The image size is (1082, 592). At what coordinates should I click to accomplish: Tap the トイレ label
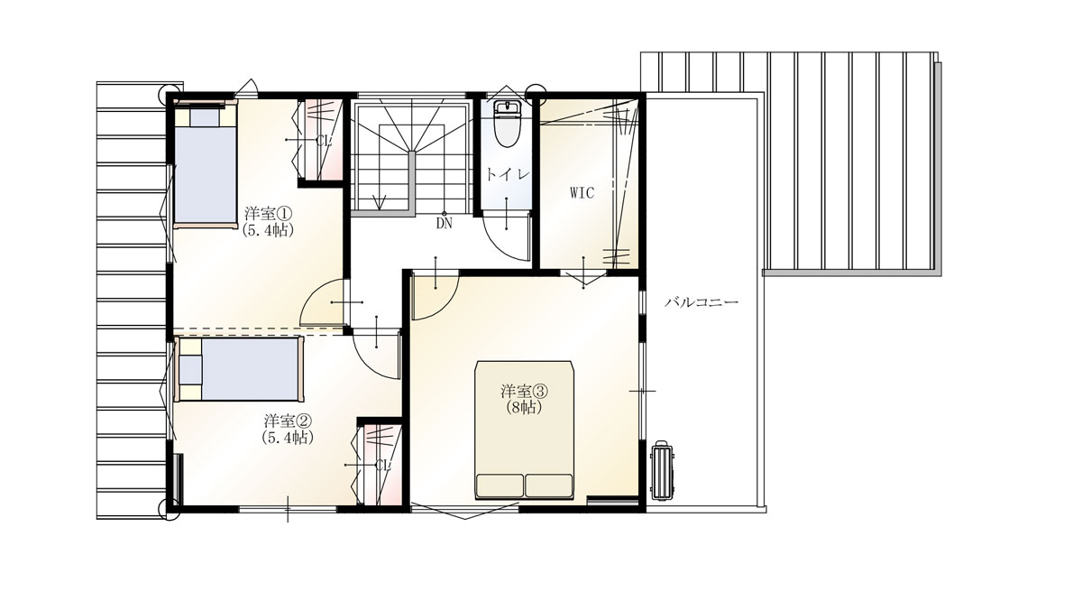pyautogui.click(x=507, y=175)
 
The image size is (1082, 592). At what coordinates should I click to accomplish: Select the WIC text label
pyautogui.click(x=582, y=193)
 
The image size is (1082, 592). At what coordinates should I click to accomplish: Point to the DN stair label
pyautogui.click(x=444, y=224)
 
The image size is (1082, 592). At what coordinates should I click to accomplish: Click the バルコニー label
pyautogui.click(x=701, y=303)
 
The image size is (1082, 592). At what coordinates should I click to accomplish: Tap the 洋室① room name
pyautogui.click(x=269, y=213)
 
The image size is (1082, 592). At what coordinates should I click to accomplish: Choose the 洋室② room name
pyautogui.click(x=288, y=421)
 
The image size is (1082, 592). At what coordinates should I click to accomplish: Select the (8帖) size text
pyautogui.click(x=524, y=407)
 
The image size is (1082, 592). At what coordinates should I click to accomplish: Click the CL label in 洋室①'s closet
pyautogui.click(x=324, y=141)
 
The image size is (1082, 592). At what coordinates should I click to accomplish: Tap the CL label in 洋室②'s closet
pyautogui.click(x=382, y=466)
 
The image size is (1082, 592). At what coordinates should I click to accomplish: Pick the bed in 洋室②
pyautogui.click(x=240, y=369)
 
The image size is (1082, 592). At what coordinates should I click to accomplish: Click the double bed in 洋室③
pyautogui.click(x=524, y=430)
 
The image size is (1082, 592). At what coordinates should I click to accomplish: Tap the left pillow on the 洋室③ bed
pyautogui.click(x=500, y=486)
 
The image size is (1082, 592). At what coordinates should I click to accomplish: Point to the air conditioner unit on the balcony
pyautogui.click(x=662, y=470)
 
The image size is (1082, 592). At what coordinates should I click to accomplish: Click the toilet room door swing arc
pyautogui.click(x=507, y=242)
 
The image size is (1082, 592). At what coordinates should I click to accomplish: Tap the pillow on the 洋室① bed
pyautogui.click(x=205, y=117)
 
